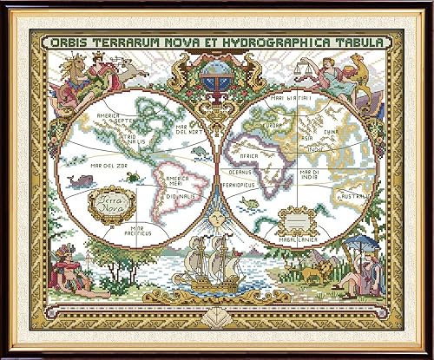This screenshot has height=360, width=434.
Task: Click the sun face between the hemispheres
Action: pos(214,220)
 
